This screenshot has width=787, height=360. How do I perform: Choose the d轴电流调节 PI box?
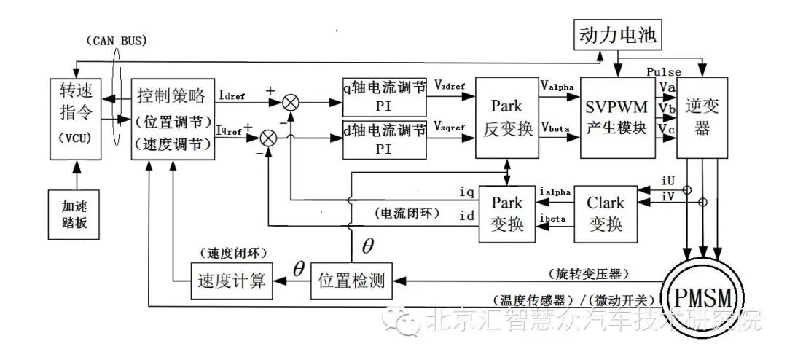[x=384, y=138]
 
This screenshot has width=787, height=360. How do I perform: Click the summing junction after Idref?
[x=290, y=102]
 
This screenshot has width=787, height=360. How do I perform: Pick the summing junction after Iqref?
[x=269, y=136]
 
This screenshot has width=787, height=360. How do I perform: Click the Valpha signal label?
[x=557, y=86]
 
